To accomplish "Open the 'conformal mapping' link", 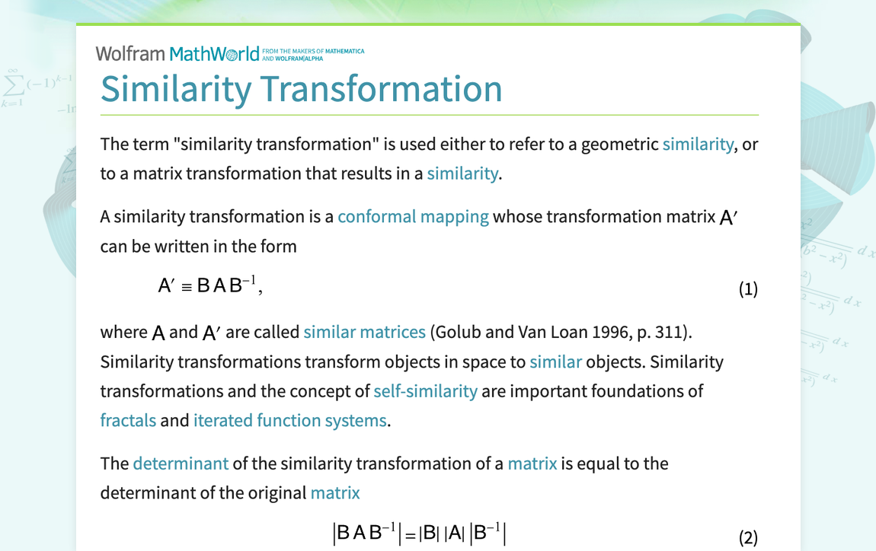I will pos(413,216).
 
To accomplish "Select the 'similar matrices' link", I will pos(364,332).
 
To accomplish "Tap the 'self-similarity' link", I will pos(425,390).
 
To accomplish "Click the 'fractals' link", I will pos(128,420).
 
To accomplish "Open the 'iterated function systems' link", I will pos(289,420).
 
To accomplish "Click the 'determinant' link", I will pos(181,463).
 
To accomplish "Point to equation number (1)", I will pos(748,289).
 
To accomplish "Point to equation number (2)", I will pos(748,537).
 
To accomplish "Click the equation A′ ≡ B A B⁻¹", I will pos(209,285).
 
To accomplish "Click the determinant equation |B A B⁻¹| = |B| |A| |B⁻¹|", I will pos(419,533).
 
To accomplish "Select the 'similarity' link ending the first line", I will pos(698,144).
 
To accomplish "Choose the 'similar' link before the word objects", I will pos(555,361).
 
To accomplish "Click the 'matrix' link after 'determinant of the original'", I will pos(335,492).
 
